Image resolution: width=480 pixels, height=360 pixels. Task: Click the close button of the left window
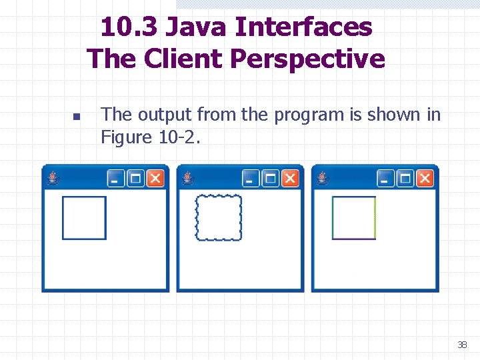point(155,179)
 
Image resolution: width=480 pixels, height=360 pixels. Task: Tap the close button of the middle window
point(290,179)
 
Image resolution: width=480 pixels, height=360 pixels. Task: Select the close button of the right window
point(425,179)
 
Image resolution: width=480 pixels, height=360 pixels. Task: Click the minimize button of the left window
point(116,179)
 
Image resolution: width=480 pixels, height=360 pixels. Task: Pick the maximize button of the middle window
point(271,179)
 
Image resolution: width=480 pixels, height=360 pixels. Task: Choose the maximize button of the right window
point(405,179)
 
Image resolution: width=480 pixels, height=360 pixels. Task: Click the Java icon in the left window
point(54,178)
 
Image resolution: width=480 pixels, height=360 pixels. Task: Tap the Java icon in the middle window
point(189,178)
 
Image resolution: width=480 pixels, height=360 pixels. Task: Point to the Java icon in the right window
point(324,178)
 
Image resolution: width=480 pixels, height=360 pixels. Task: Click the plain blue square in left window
point(84,217)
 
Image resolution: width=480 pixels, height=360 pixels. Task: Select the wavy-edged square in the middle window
point(219,217)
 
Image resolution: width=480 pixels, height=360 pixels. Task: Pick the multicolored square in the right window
point(354,217)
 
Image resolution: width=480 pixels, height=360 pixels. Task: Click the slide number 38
point(462,345)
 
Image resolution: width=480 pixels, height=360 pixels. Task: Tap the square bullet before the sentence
point(76,117)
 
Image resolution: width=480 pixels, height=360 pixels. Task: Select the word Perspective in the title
point(307,59)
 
